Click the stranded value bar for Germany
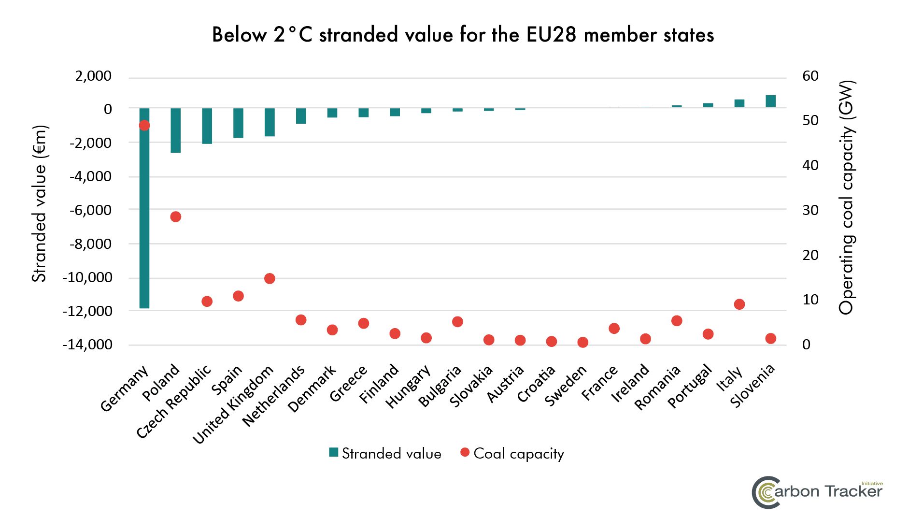pos(144,208)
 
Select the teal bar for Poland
pos(176,130)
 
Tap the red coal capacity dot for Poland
pos(176,217)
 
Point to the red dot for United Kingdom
pos(270,279)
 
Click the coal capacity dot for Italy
pos(739,304)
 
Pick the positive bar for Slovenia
pos(771,101)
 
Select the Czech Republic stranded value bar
pos(207,126)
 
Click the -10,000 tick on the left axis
pos(87,277)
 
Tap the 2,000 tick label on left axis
pos(93,76)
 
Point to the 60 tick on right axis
pos(810,76)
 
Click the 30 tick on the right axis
pos(810,210)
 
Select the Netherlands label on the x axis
pos(273,396)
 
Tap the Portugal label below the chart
pos(690,387)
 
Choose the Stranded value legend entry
pos(385,454)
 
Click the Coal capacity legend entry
pos(512,454)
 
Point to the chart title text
pos(463,35)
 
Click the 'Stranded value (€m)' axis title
pos(39,203)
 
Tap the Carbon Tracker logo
pos(817,492)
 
